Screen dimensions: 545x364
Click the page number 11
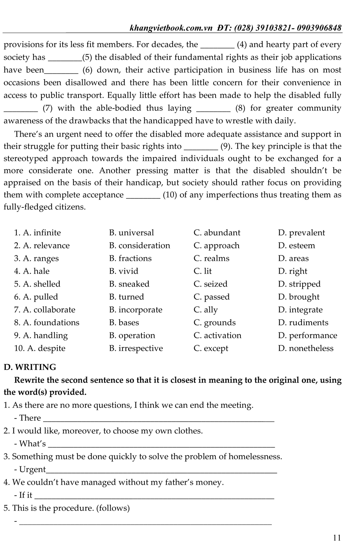click(336, 537)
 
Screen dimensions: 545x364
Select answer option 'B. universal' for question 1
click(131, 233)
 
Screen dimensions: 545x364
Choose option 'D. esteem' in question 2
click(296, 246)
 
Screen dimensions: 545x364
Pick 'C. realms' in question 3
click(211, 258)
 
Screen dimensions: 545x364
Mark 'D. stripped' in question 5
click(299, 284)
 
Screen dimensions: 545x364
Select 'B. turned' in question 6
click(127, 297)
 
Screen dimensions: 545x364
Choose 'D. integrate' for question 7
click(300, 310)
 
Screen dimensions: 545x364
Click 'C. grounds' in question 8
click(215, 323)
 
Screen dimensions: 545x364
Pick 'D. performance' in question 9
click(308, 335)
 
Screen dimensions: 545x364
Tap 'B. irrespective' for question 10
click(136, 348)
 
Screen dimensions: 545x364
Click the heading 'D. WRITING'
click(30, 367)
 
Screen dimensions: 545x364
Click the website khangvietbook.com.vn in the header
click(171, 28)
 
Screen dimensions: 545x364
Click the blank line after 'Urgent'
click(162, 471)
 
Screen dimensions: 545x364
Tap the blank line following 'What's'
click(161, 445)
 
